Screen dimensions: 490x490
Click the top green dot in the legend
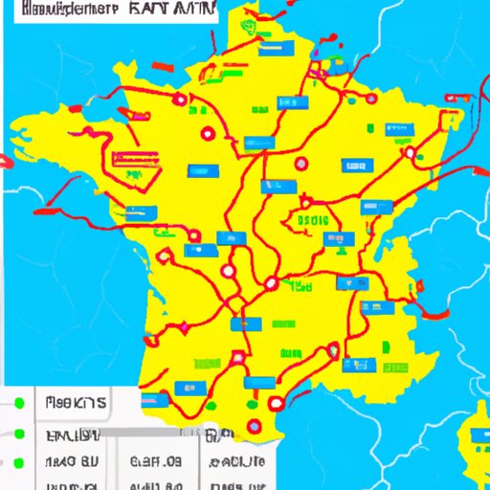(x=18, y=404)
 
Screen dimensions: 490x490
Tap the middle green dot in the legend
(x=18, y=434)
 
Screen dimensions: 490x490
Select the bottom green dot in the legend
(x=18, y=463)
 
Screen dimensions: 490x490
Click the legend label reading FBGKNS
(x=75, y=403)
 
